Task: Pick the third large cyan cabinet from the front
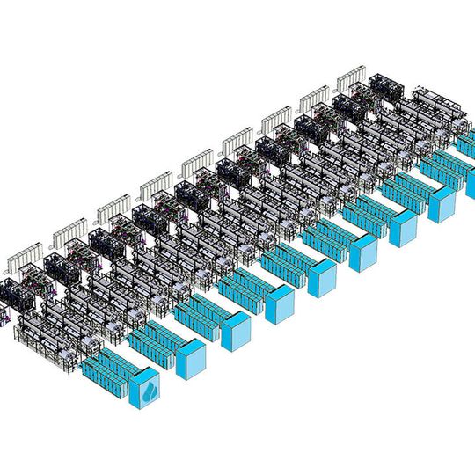click(x=236, y=332)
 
